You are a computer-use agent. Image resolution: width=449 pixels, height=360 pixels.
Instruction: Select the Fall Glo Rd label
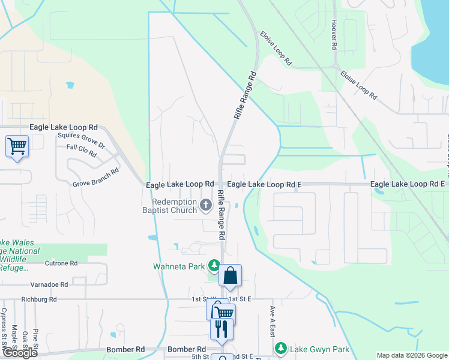[82, 151]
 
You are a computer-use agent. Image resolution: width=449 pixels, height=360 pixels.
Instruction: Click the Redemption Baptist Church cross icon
[206, 206]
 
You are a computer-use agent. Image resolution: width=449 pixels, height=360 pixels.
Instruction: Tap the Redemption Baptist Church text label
[174, 206]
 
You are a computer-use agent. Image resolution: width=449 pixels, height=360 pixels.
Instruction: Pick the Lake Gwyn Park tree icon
[280, 348]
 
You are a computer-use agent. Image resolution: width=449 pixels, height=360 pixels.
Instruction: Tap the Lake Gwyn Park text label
[319, 349]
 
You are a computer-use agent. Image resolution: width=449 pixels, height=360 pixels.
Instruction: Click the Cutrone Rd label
[61, 263]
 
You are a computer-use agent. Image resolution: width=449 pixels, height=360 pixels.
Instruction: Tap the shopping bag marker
[230, 277]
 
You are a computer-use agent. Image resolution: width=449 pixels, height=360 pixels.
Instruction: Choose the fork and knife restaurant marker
[220, 329]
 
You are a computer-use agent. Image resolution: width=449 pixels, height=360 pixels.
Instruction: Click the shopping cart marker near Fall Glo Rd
[17, 146]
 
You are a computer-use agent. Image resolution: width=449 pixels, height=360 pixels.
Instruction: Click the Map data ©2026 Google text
[411, 355]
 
